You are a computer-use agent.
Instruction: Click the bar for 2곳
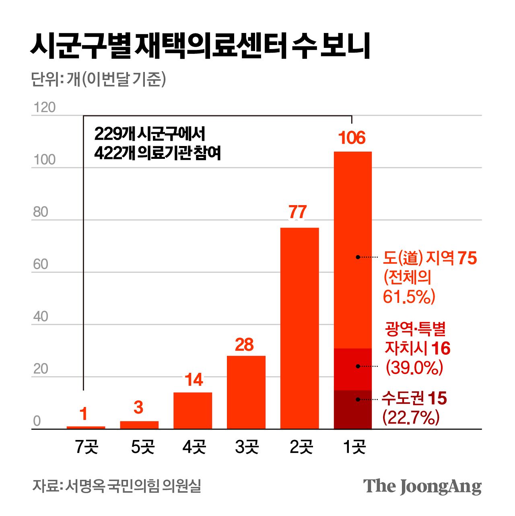[x=299, y=328]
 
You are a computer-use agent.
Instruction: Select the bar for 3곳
[x=246, y=392]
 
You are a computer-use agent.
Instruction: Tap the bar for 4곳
[x=193, y=410]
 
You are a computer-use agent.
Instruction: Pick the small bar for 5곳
[x=139, y=425]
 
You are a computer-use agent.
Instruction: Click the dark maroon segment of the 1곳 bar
[x=352, y=409]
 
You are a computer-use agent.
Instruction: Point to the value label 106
[x=352, y=138]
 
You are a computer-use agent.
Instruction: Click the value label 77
[x=298, y=212]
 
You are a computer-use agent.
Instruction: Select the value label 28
[x=244, y=345]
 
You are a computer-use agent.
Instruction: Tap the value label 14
[x=194, y=380]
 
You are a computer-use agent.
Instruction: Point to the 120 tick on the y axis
[x=44, y=108]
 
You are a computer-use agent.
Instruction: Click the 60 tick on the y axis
[x=41, y=264]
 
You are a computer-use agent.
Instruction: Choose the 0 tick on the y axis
[x=37, y=421]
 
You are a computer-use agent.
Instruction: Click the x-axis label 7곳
[x=87, y=447]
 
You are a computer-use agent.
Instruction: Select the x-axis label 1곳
[x=354, y=447]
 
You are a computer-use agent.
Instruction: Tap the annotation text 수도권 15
[x=414, y=399]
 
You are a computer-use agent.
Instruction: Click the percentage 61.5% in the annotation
[x=409, y=297]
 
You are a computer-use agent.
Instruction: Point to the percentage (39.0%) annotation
[x=414, y=368]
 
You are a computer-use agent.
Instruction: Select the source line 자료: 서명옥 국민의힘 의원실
[x=117, y=486]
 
